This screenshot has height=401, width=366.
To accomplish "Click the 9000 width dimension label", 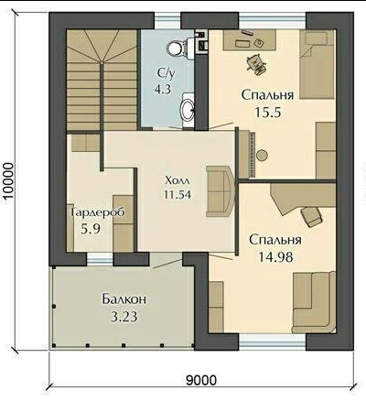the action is [x=201, y=380].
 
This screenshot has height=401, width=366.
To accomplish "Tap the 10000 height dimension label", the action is [x=7, y=181].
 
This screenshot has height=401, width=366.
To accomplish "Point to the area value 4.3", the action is [x=163, y=89].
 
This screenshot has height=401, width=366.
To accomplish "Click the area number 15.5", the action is [x=267, y=113].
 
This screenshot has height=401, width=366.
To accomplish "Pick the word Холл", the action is [x=178, y=180].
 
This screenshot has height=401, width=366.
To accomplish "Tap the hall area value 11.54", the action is [x=178, y=194].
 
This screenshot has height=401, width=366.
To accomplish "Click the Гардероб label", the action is [x=98, y=212].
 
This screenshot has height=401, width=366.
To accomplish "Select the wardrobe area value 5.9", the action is [x=91, y=228].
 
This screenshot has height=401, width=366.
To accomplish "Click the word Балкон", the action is [x=124, y=299].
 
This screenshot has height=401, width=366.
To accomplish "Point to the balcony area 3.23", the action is [x=124, y=317].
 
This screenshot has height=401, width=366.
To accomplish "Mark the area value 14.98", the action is [x=275, y=257].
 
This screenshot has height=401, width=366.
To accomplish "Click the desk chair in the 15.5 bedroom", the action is [x=256, y=64].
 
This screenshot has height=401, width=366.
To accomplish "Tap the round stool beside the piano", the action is [x=262, y=156].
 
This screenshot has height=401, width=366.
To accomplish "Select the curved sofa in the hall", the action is [x=221, y=191].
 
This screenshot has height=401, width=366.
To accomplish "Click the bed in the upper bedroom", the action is [x=318, y=64].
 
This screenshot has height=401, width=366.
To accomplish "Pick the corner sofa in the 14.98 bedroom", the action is [x=314, y=302].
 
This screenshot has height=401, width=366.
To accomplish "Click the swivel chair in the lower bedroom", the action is [x=311, y=216].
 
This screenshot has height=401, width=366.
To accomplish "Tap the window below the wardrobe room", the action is [x=100, y=259].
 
